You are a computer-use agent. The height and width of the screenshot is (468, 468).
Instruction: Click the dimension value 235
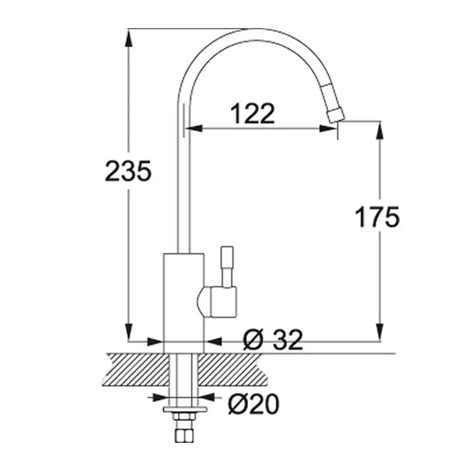pyautogui.click(x=128, y=170)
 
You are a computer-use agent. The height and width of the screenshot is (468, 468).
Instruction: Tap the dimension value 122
pyautogui.click(x=253, y=113)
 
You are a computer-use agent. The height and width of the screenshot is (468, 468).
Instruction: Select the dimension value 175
pyautogui.click(x=377, y=217)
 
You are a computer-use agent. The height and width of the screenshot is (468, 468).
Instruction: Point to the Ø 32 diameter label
pyautogui.click(x=273, y=340)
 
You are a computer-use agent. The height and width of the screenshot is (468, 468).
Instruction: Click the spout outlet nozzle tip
pyautogui.click(x=335, y=115)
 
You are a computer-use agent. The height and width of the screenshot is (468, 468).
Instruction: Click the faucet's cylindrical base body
pyautogui.click(x=183, y=301)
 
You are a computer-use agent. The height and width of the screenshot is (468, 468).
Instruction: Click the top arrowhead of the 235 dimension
pyautogui.click(x=128, y=35)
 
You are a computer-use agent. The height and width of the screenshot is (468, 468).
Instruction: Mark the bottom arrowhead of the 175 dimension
pyautogui.click(x=380, y=333)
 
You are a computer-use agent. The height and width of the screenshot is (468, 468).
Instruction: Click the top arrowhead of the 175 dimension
pyautogui.click(x=380, y=129)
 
